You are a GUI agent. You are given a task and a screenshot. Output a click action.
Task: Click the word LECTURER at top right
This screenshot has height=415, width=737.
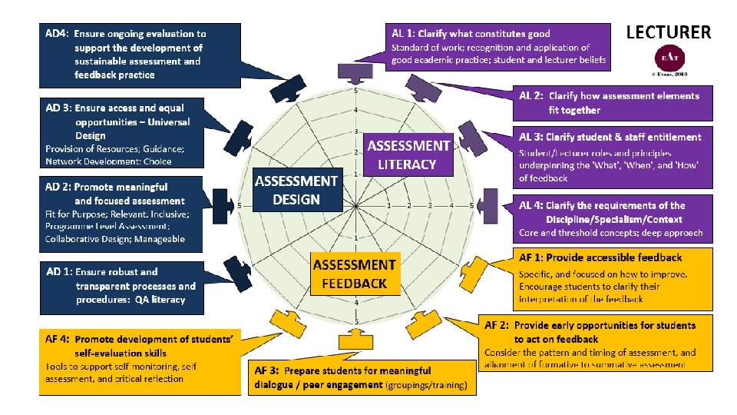coord(669,32)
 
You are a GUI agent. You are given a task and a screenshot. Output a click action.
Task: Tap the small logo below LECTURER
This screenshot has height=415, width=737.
coord(669,58)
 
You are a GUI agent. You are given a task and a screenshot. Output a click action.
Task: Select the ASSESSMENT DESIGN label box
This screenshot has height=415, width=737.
coord(296,190)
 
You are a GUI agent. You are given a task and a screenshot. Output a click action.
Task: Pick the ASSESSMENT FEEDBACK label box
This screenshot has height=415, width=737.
coord(355,274)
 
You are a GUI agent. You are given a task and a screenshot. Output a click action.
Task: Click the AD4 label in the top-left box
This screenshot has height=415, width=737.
coord(57,34)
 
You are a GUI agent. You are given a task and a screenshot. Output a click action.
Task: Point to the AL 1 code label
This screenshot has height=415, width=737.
coord(402,34)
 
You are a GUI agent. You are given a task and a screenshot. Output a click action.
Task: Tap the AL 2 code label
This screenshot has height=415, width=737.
coord(530,96)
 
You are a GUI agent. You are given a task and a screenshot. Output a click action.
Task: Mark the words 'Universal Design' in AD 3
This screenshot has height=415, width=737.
coord(131,129)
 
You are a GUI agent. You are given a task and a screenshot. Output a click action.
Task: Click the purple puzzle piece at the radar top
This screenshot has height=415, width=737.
coord(355,74)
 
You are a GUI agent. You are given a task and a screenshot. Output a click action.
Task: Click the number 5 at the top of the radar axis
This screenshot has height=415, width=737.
coord(355,91)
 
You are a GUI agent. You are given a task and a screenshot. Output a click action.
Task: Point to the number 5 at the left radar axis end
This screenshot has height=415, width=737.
coord(240,206)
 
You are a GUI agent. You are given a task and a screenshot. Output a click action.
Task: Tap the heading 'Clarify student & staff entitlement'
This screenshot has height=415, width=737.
coord(623,138)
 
